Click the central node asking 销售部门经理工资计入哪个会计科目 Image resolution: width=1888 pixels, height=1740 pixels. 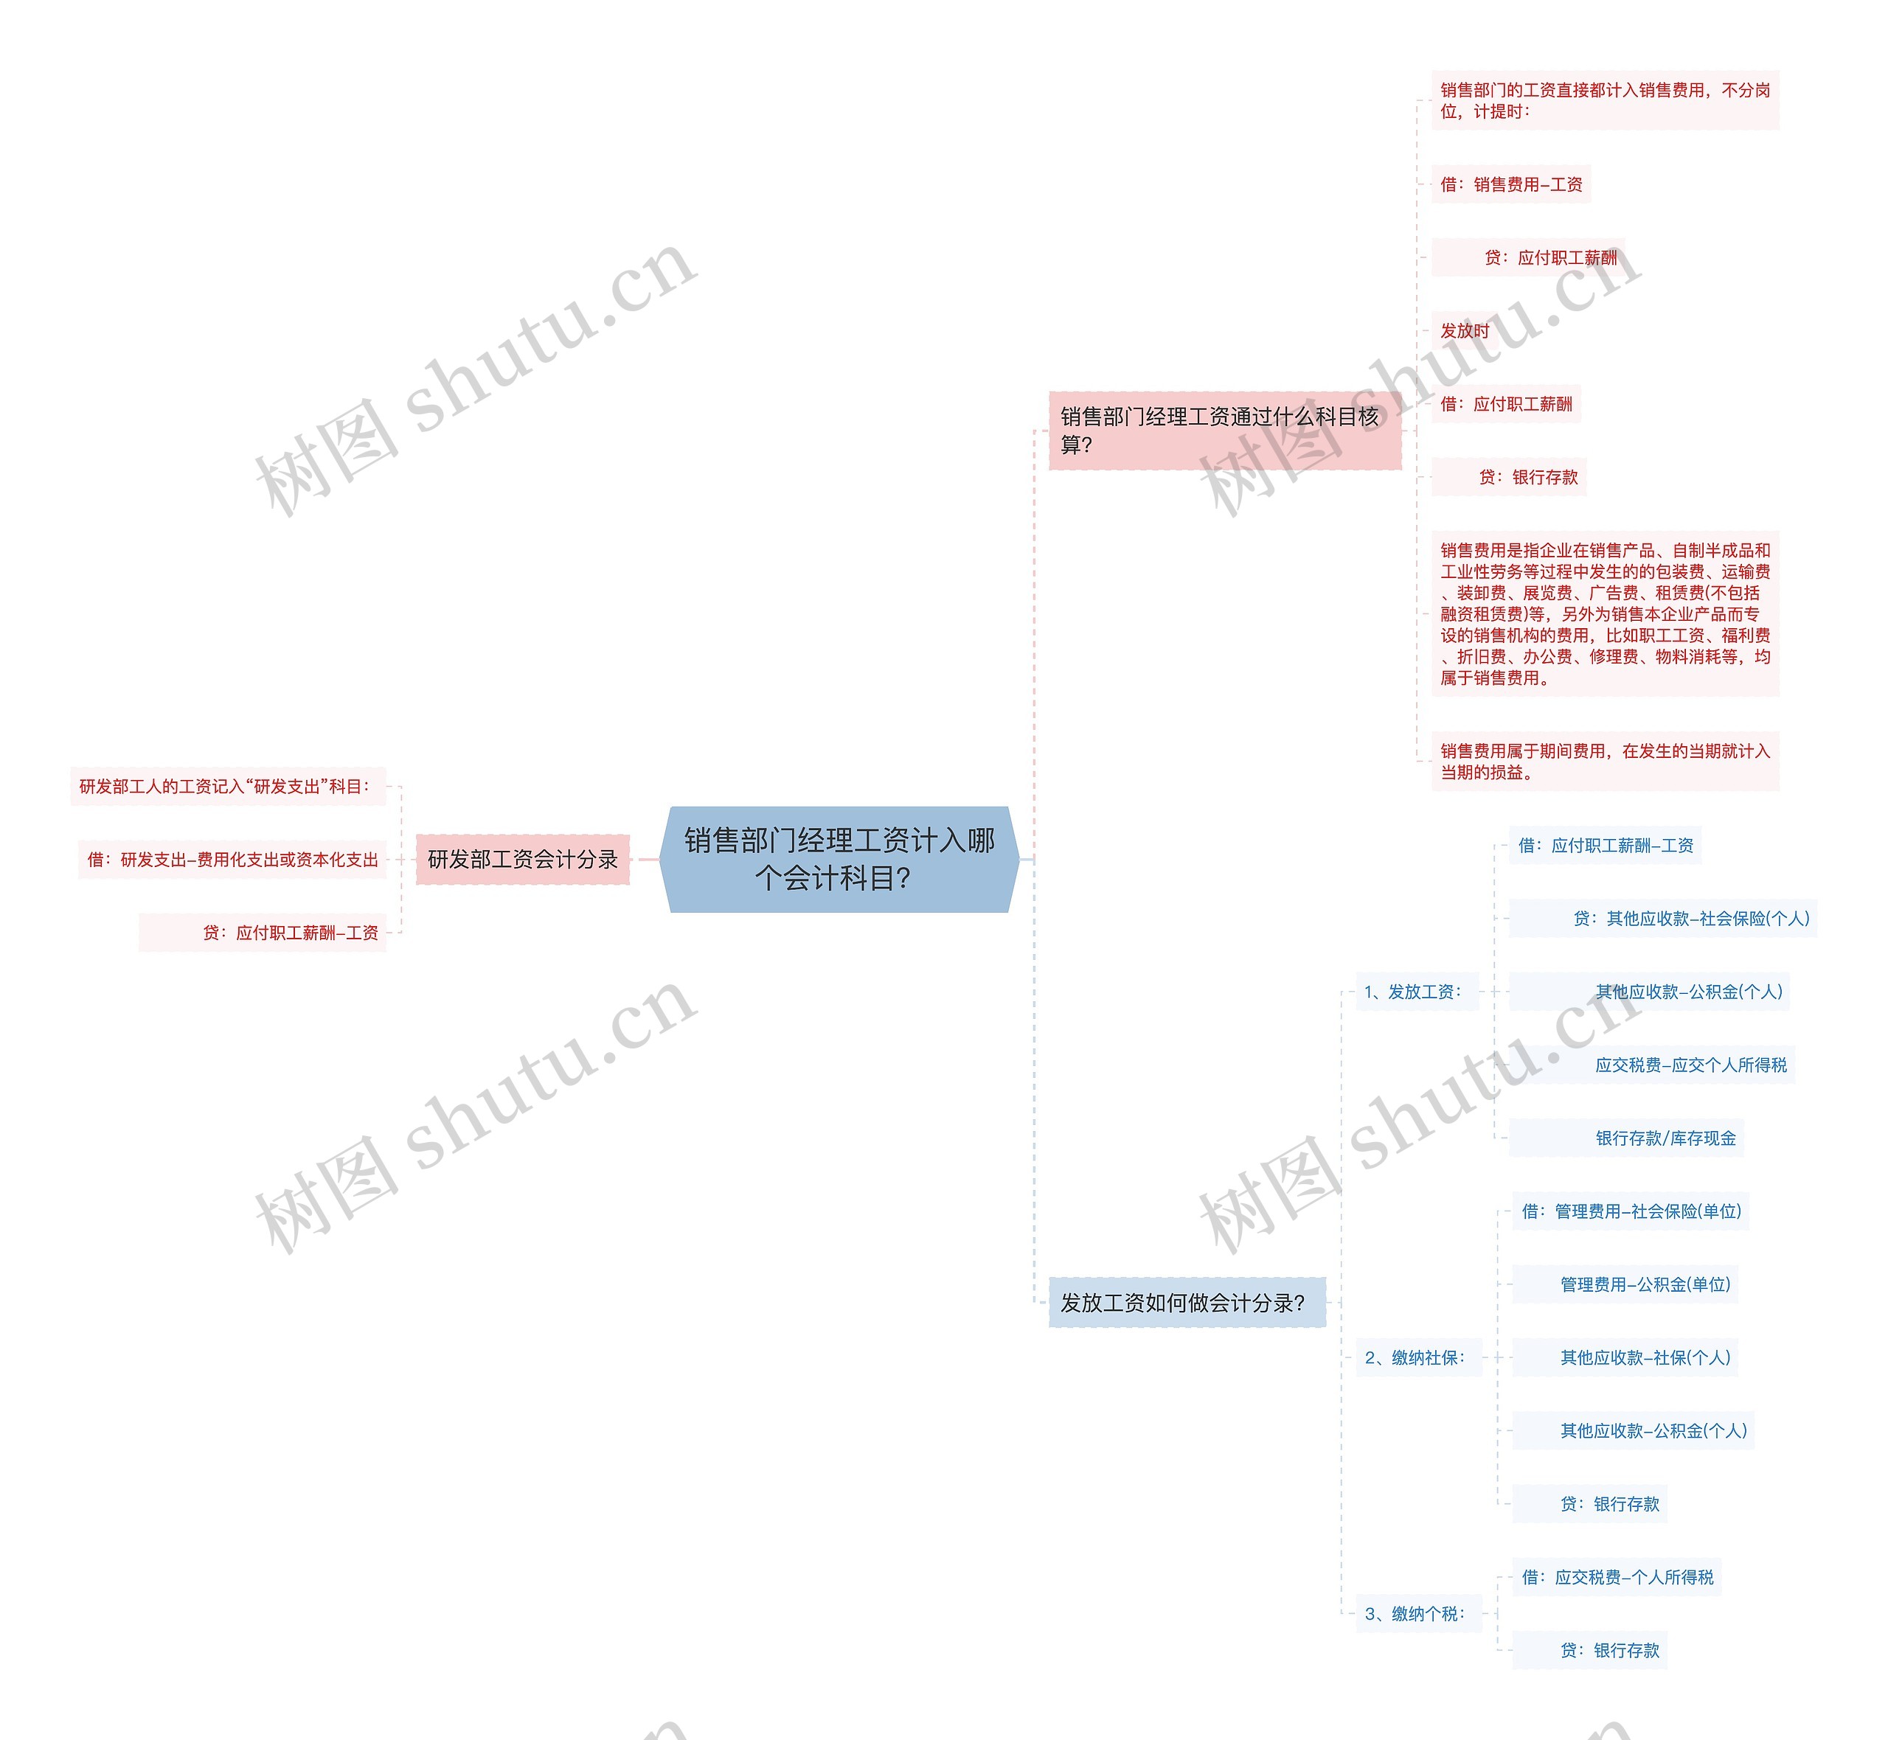click(838, 859)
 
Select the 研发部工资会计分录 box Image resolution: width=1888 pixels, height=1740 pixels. click(523, 859)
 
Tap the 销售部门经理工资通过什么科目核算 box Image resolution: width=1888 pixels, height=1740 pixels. click(1224, 431)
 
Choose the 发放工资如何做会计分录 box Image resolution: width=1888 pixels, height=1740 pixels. click(1187, 1302)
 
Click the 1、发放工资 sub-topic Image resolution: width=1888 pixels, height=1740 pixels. click(1416, 992)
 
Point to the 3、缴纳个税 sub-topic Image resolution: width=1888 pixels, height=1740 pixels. click(1418, 1613)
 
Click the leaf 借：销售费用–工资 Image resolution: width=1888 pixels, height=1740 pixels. click(1510, 184)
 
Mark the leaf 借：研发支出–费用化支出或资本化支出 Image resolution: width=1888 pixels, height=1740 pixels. click(232, 859)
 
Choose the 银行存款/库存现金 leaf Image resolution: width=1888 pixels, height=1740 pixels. click(1664, 1138)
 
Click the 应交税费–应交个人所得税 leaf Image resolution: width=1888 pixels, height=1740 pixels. click(1690, 1065)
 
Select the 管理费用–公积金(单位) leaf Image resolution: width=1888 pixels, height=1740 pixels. click(1644, 1284)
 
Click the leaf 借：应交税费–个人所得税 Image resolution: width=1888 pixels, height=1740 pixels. click(1617, 1577)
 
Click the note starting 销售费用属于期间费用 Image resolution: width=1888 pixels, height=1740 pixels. click(1605, 761)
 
